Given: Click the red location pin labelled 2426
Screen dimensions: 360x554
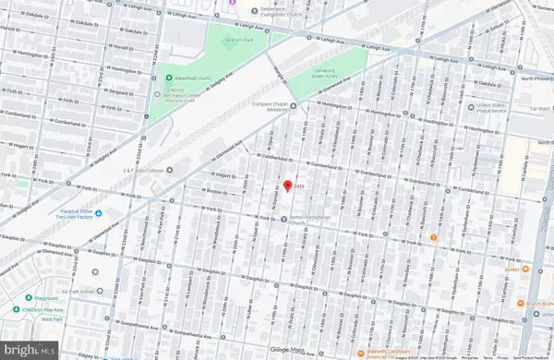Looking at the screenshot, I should tap(287, 187).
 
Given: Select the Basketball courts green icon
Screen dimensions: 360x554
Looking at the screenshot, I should tap(169, 78).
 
